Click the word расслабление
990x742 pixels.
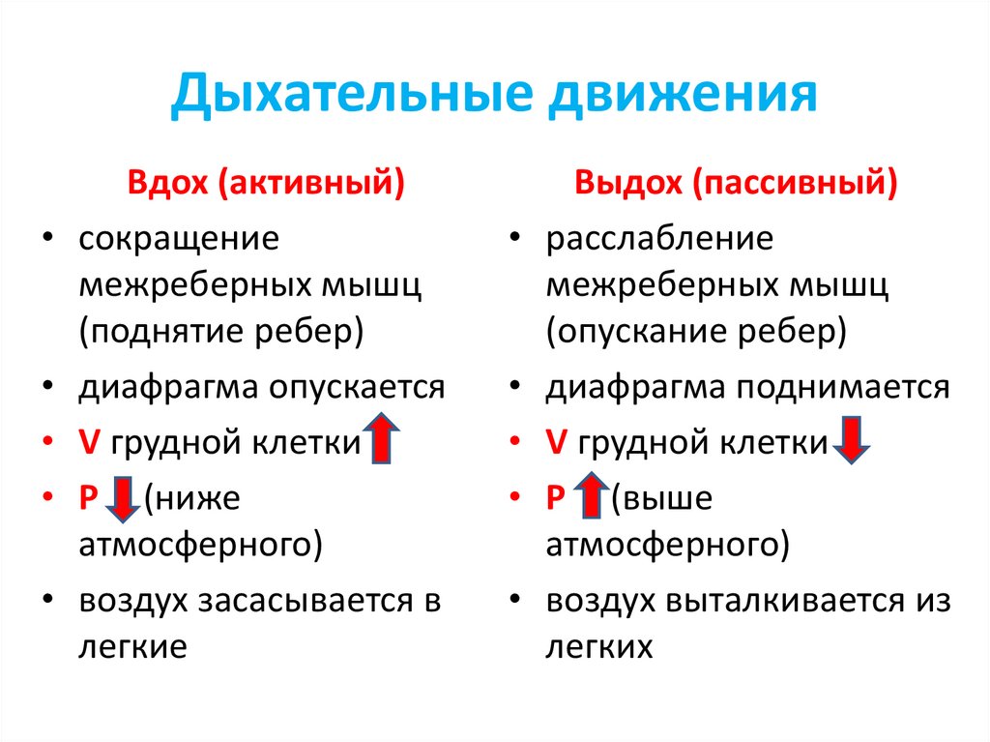pos(659,238)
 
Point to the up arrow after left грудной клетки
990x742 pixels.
pos(383,438)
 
